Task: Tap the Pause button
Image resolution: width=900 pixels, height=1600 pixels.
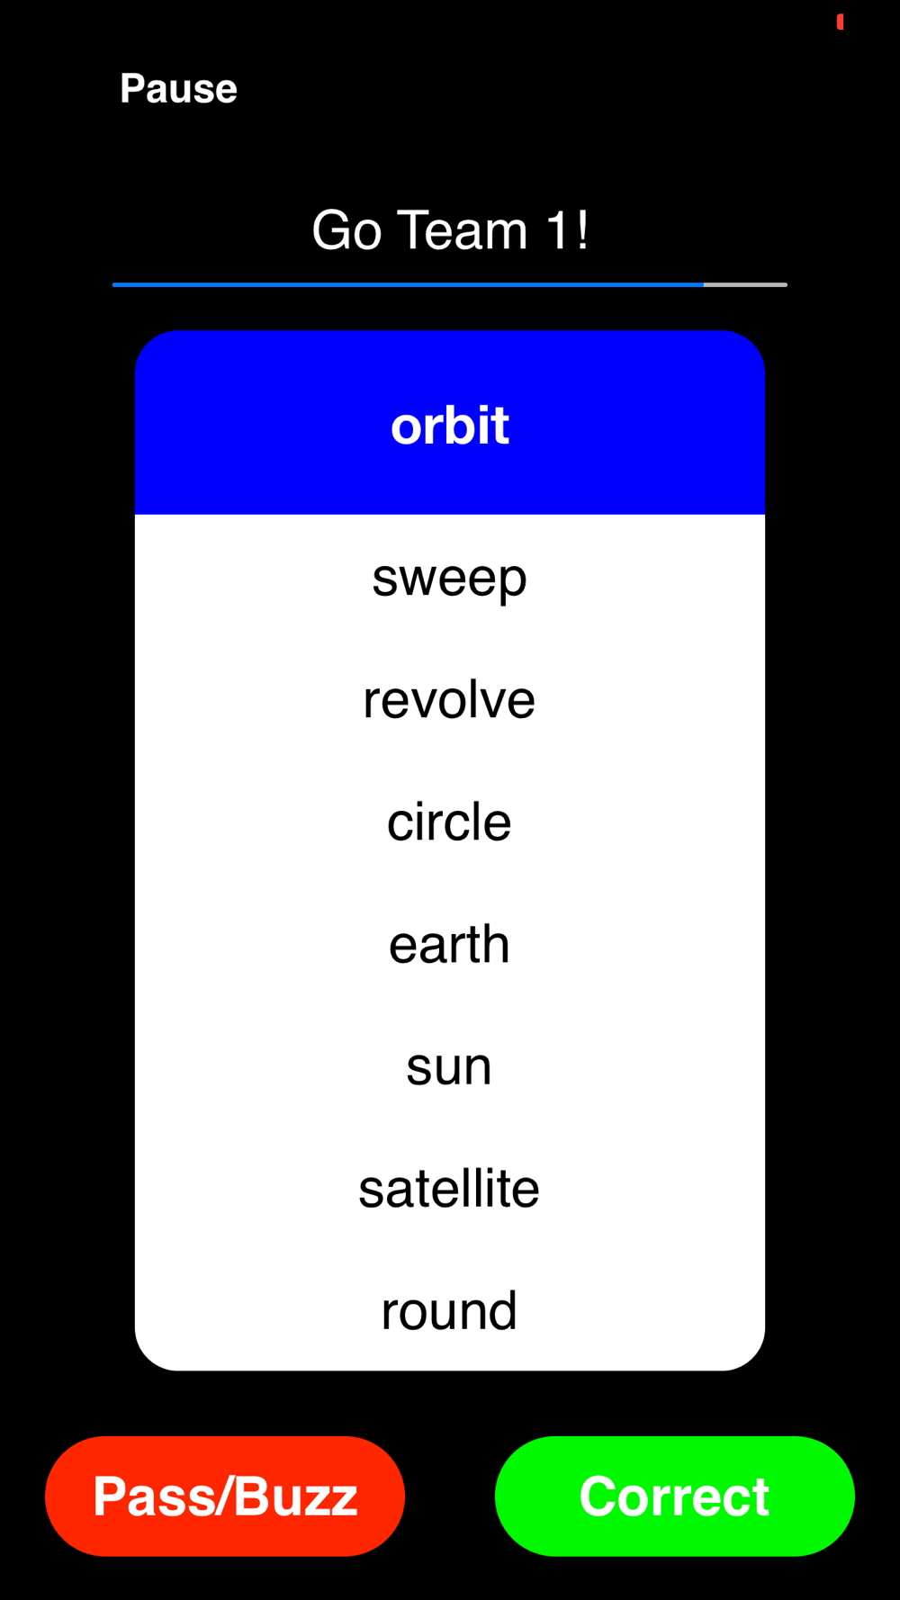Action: [178, 88]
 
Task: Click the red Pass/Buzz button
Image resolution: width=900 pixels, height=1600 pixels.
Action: [225, 1496]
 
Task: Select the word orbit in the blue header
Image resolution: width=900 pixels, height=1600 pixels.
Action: [450, 425]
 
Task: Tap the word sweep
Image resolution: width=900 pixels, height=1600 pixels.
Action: [449, 579]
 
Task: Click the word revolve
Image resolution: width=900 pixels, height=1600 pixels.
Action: [449, 700]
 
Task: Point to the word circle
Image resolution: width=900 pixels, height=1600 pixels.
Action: [449, 822]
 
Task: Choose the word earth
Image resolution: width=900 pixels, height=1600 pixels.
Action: [449, 944]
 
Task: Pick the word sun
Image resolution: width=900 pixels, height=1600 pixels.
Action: [449, 1067]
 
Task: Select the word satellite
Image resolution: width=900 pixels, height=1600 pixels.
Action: [449, 1188]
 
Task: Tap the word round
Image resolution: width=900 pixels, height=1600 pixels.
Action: [449, 1310]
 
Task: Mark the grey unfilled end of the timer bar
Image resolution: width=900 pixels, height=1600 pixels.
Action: [745, 284]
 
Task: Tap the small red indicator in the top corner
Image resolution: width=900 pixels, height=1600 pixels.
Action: [840, 22]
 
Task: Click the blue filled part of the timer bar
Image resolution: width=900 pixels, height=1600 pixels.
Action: [408, 284]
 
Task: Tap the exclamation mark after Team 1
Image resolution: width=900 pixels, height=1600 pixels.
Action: [583, 229]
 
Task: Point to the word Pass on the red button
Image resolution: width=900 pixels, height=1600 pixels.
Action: [156, 1497]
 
